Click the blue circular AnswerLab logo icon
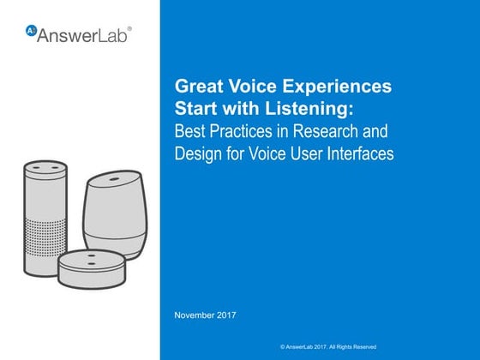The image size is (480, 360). pos(31,31)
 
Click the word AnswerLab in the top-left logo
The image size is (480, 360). pos(82,35)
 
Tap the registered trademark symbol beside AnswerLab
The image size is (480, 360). pos(129,29)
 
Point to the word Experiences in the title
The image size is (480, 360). pos(337,87)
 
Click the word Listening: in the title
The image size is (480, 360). pos(309,109)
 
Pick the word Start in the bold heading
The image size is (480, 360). pos(196,109)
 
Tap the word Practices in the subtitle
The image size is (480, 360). pos(241,131)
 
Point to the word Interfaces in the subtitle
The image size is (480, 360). pos(360,153)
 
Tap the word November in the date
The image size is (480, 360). pos(194,315)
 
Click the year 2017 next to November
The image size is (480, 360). pos(226,315)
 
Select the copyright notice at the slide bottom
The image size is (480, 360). pos(328,347)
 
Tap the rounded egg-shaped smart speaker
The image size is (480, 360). pos(116,214)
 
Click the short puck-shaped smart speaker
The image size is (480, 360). pos(92,269)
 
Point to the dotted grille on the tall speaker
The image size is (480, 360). pos(45,239)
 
